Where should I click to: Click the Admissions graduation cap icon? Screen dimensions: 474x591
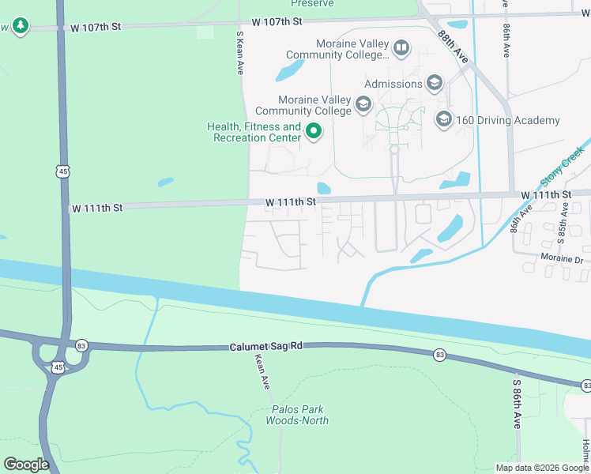(434, 83)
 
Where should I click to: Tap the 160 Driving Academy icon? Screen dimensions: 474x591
(443, 120)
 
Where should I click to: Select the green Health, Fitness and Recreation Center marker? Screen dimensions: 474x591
(314, 131)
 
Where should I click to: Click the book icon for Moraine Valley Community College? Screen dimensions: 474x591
(401, 49)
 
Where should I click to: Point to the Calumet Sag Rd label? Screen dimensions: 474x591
(266, 347)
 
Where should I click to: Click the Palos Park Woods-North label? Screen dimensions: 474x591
(299, 415)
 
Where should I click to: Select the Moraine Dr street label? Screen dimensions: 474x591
(561, 258)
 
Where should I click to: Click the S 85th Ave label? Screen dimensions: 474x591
(564, 220)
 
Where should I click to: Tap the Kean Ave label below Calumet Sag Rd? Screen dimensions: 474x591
(262, 371)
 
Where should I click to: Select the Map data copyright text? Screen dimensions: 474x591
(541, 468)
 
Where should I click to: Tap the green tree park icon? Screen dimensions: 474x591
(21, 27)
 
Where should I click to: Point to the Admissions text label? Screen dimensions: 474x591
(393, 84)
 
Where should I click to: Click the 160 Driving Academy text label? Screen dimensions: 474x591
(509, 121)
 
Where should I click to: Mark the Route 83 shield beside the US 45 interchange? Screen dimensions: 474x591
(82, 346)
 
